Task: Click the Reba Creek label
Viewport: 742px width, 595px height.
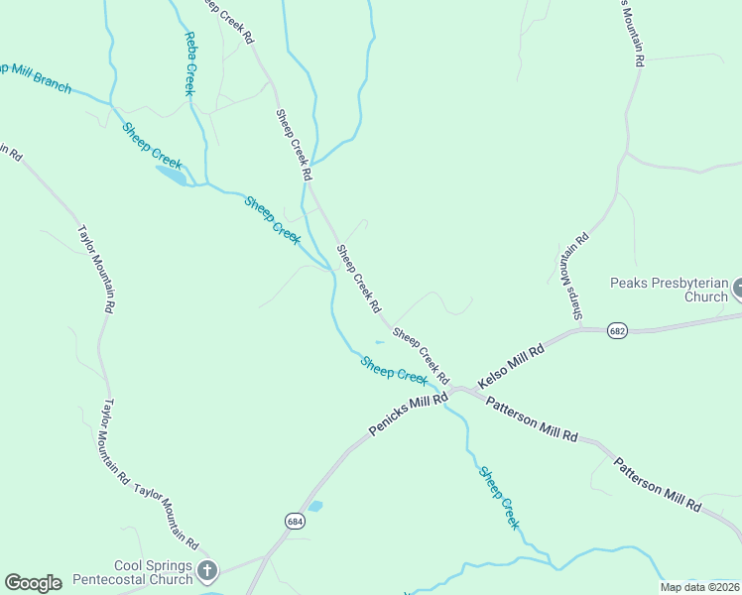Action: click(x=188, y=63)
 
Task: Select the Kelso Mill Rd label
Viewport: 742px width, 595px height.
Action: click(x=511, y=366)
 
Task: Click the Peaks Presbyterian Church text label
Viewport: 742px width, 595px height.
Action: click(x=669, y=289)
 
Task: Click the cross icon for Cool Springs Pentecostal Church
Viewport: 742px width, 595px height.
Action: click(x=206, y=570)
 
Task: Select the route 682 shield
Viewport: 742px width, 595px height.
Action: click(x=618, y=331)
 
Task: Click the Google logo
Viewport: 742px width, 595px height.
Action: click(x=32, y=583)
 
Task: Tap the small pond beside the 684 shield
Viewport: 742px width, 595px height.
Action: click(x=315, y=506)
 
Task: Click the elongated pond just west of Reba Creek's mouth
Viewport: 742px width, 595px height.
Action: click(x=170, y=176)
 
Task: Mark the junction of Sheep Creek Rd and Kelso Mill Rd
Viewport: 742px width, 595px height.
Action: click(x=455, y=388)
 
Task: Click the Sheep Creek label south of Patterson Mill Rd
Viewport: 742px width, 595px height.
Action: click(x=499, y=497)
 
